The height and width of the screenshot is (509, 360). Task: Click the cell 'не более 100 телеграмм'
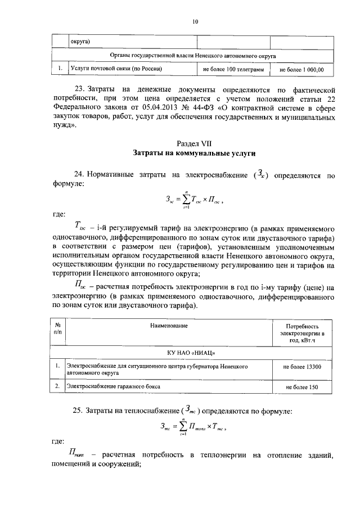tap(233, 70)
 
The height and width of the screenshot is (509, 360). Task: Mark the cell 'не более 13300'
tap(302, 367)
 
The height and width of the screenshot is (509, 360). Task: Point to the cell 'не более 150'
tap(302, 388)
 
